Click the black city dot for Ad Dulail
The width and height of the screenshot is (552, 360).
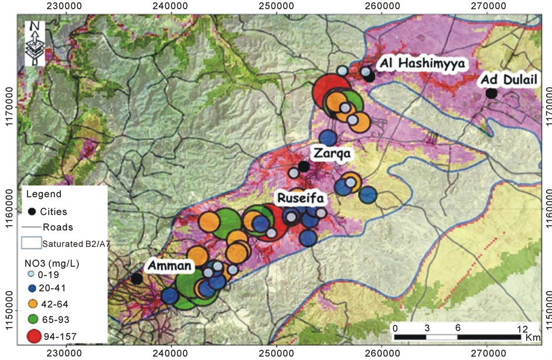coord(491,93)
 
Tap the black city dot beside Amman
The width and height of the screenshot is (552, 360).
coord(137,279)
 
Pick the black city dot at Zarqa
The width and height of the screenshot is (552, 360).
coord(304,167)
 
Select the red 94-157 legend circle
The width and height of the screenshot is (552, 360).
coord(35,336)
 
